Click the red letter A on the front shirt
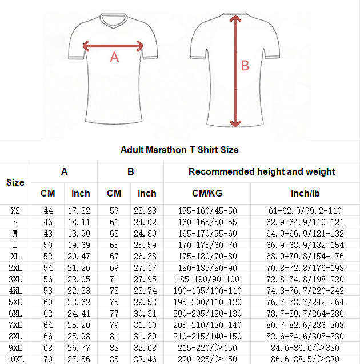click(x=114, y=57)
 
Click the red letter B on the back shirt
click(x=245, y=66)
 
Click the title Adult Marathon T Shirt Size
click(x=179, y=150)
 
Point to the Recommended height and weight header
click(x=262, y=171)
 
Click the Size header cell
click(x=15, y=182)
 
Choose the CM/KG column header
click(x=207, y=193)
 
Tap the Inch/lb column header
click(x=305, y=193)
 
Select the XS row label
click(x=15, y=211)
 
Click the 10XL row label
click(x=15, y=359)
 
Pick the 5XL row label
click(x=15, y=302)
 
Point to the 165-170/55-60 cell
click(x=207, y=233)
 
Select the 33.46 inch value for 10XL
click(x=147, y=359)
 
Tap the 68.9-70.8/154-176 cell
click(x=305, y=256)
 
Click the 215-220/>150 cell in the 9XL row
click(x=207, y=347)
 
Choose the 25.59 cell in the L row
click(x=147, y=245)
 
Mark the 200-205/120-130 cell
click(x=207, y=313)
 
